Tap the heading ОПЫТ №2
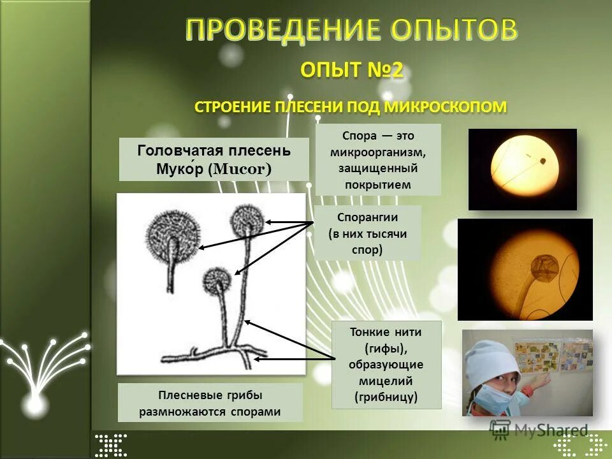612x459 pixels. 352,70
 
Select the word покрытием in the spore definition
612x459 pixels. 377,185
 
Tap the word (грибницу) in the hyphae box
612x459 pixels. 386,397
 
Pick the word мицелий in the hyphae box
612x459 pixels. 386,381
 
